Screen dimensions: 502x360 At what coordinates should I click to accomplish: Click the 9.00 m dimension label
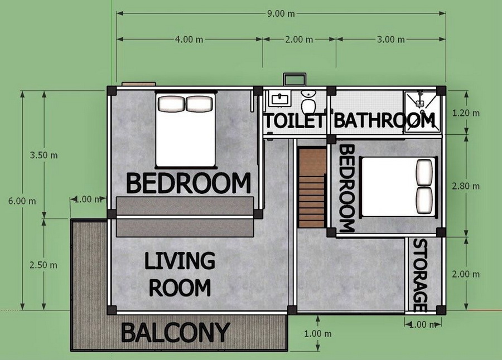pos(281,14)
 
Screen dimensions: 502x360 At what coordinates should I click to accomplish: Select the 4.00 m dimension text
pos(189,40)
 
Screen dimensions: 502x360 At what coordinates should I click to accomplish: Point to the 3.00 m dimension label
pos(390,40)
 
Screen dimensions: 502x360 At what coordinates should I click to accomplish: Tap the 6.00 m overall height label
pos(22,201)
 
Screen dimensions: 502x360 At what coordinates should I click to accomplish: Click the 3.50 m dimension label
pos(44,155)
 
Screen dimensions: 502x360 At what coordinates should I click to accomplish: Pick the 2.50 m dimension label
pos(43,265)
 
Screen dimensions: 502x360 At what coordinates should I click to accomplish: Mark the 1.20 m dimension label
pos(466,113)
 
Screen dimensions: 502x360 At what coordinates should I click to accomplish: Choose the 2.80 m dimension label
pos(466,186)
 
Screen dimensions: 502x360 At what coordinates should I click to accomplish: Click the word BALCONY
pos(176,333)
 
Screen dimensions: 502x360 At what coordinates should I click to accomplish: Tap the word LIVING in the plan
pos(180,261)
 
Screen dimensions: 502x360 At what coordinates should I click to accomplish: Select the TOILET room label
pos(294,120)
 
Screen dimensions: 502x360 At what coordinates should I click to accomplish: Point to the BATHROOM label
pos(384,120)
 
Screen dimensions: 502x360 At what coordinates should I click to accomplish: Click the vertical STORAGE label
pos(421,275)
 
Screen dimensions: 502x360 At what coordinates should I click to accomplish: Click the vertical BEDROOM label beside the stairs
pos(347,188)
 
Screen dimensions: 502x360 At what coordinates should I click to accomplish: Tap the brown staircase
pos(312,188)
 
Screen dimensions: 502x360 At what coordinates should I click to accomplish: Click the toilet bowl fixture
pos(308,102)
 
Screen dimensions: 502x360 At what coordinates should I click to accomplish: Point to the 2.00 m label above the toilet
pos(299,40)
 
